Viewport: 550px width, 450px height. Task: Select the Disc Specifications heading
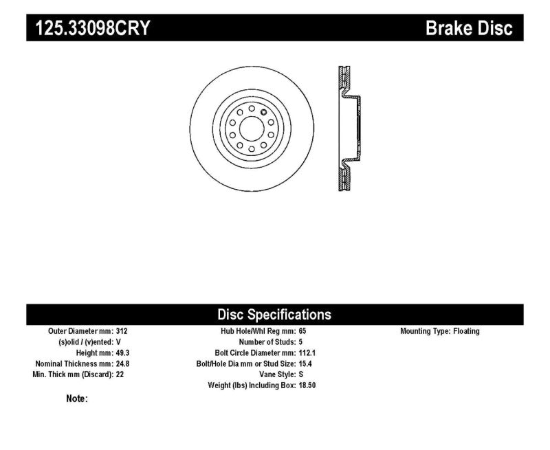274,315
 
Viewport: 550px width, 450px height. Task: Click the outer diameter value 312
122,331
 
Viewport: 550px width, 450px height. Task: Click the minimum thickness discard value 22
120,375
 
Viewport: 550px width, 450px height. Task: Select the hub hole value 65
303,331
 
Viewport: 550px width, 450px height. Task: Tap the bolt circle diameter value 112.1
307,353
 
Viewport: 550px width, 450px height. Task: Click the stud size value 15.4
305,364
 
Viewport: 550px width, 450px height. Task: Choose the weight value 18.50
307,386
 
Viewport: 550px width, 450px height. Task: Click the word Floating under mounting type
465,331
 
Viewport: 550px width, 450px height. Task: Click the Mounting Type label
424,331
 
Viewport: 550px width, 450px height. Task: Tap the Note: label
76,398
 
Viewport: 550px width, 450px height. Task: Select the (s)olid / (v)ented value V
119,342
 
